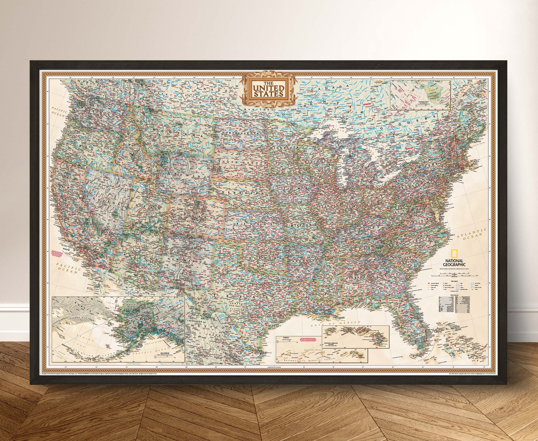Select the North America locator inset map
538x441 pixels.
tap(420, 95)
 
